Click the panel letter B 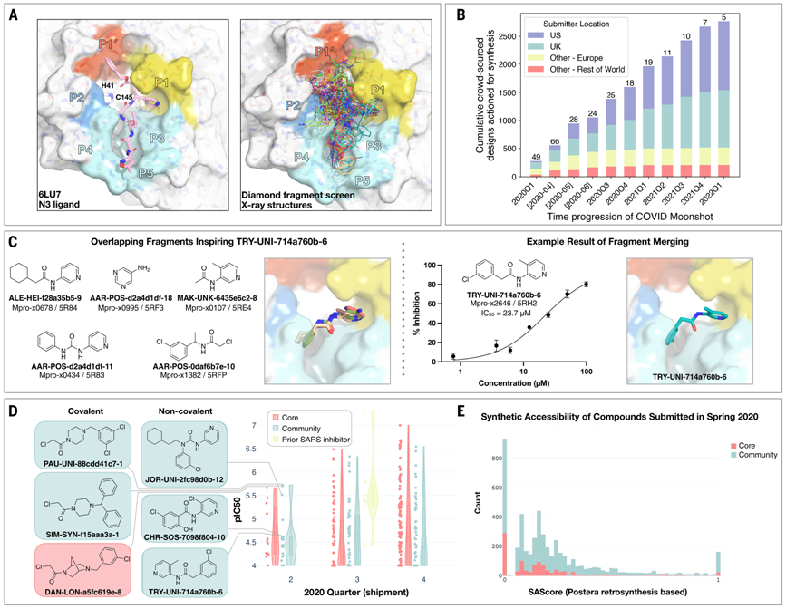point(461,14)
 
